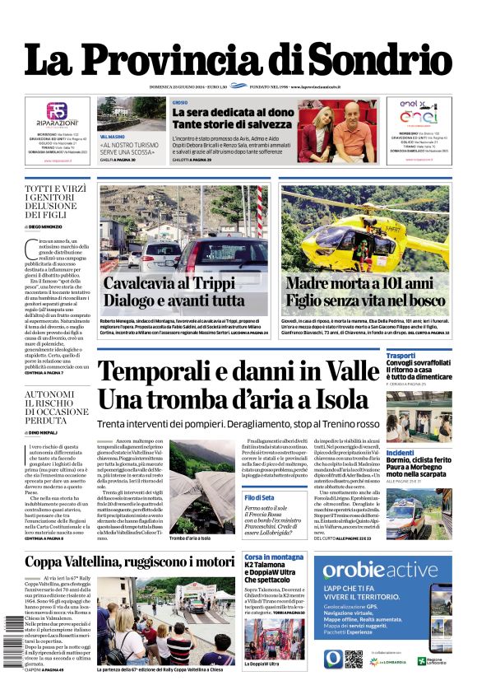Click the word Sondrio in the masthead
[x=378, y=60]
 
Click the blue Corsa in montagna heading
[x=275, y=558]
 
